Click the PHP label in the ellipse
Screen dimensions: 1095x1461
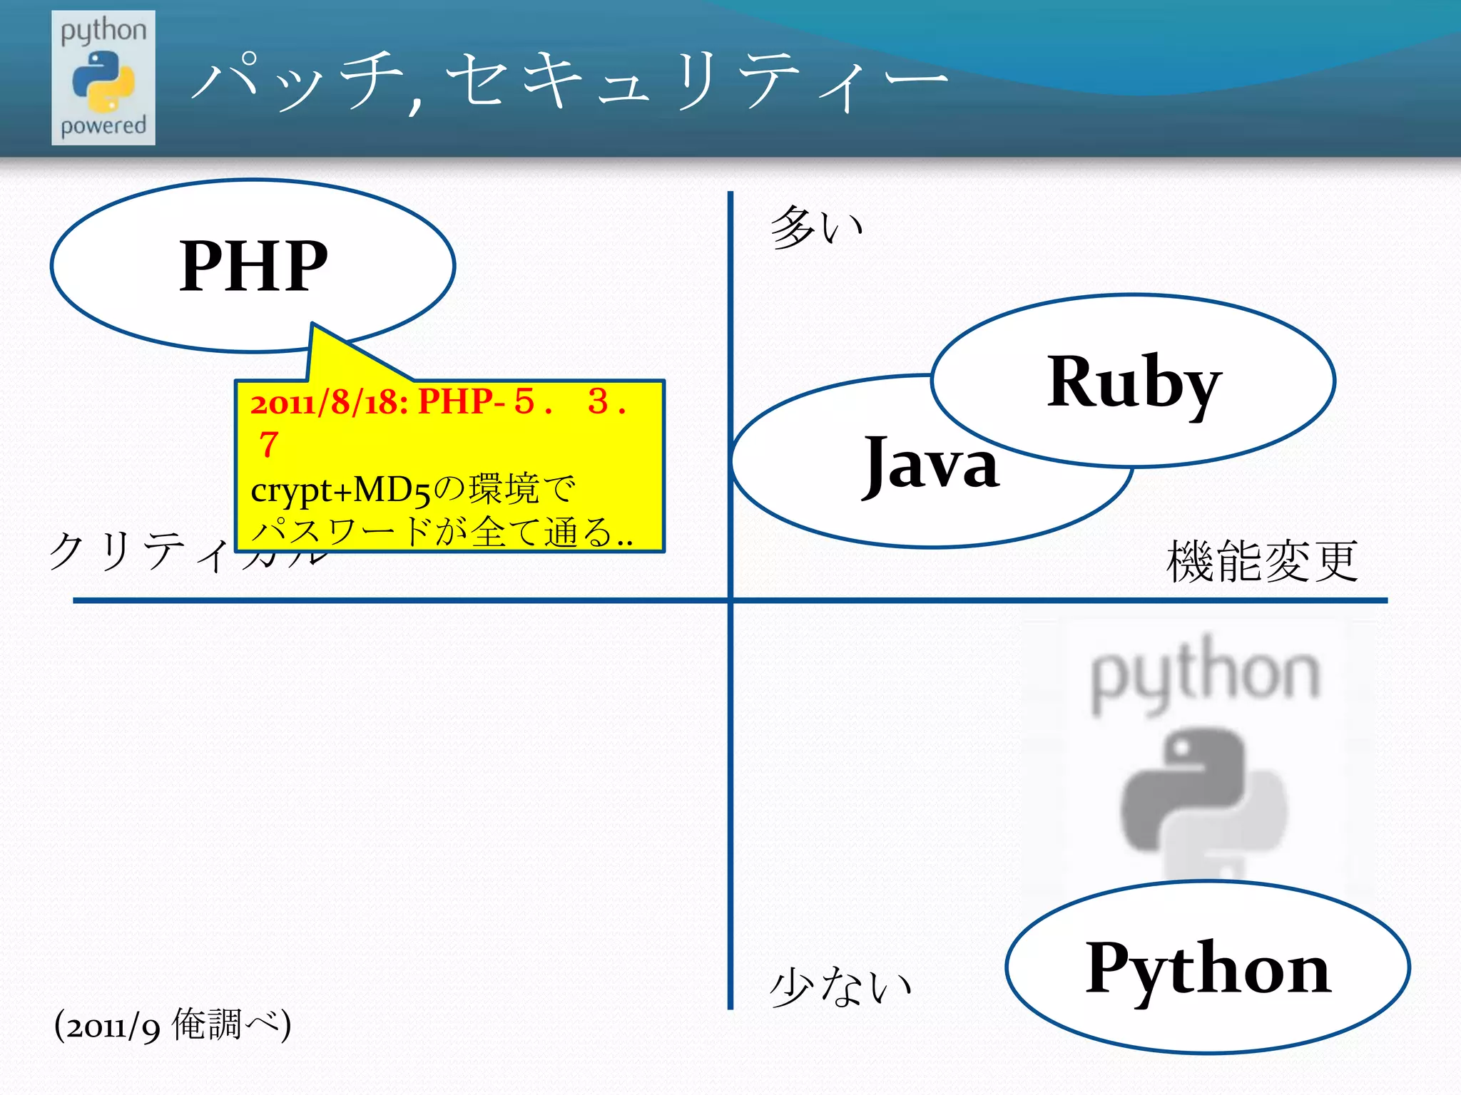[253, 266]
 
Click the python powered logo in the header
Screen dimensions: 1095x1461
[103, 78]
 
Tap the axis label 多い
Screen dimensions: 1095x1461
[816, 227]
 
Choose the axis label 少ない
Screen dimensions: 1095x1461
[840, 987]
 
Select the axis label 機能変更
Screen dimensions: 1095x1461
[1261, 562]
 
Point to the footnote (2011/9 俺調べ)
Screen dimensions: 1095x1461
[173, 1025]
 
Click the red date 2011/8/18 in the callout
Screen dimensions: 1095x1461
[329, 403]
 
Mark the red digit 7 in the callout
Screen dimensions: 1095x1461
[268, 445]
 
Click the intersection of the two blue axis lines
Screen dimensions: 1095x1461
[730, 600]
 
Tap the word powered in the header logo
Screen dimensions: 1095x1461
[103, 126]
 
